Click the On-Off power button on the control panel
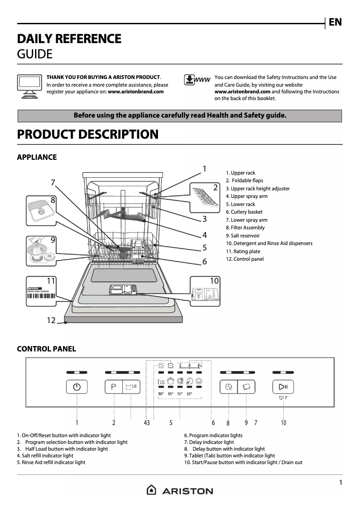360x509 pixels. click(77, 387)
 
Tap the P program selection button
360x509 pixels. click(114, 387)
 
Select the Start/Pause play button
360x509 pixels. click(283, 387)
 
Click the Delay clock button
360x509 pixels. click(229, 387)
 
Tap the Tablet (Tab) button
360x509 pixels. click(246, 387)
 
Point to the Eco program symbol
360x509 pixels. click(161, 382)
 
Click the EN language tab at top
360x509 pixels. click(335, 22)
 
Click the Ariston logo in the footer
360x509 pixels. click(180, 491)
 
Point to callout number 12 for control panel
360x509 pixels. click(51, 320)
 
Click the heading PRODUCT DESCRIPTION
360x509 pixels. click(88, 134)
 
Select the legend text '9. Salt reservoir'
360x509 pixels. click(242, 236)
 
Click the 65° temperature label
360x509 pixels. click(171, 394)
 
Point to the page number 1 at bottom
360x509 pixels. click(340, 483)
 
